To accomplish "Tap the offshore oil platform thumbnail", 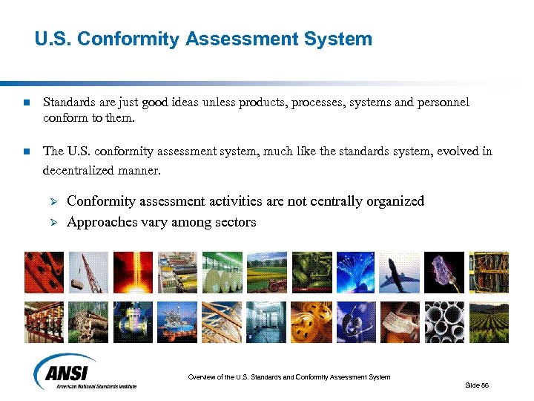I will (177, 322).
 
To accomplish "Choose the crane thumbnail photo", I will (88, 272).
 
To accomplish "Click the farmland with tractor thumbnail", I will (266, 272).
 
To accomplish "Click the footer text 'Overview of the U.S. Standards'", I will (245, 377).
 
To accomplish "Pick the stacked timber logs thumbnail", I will (88, 322).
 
